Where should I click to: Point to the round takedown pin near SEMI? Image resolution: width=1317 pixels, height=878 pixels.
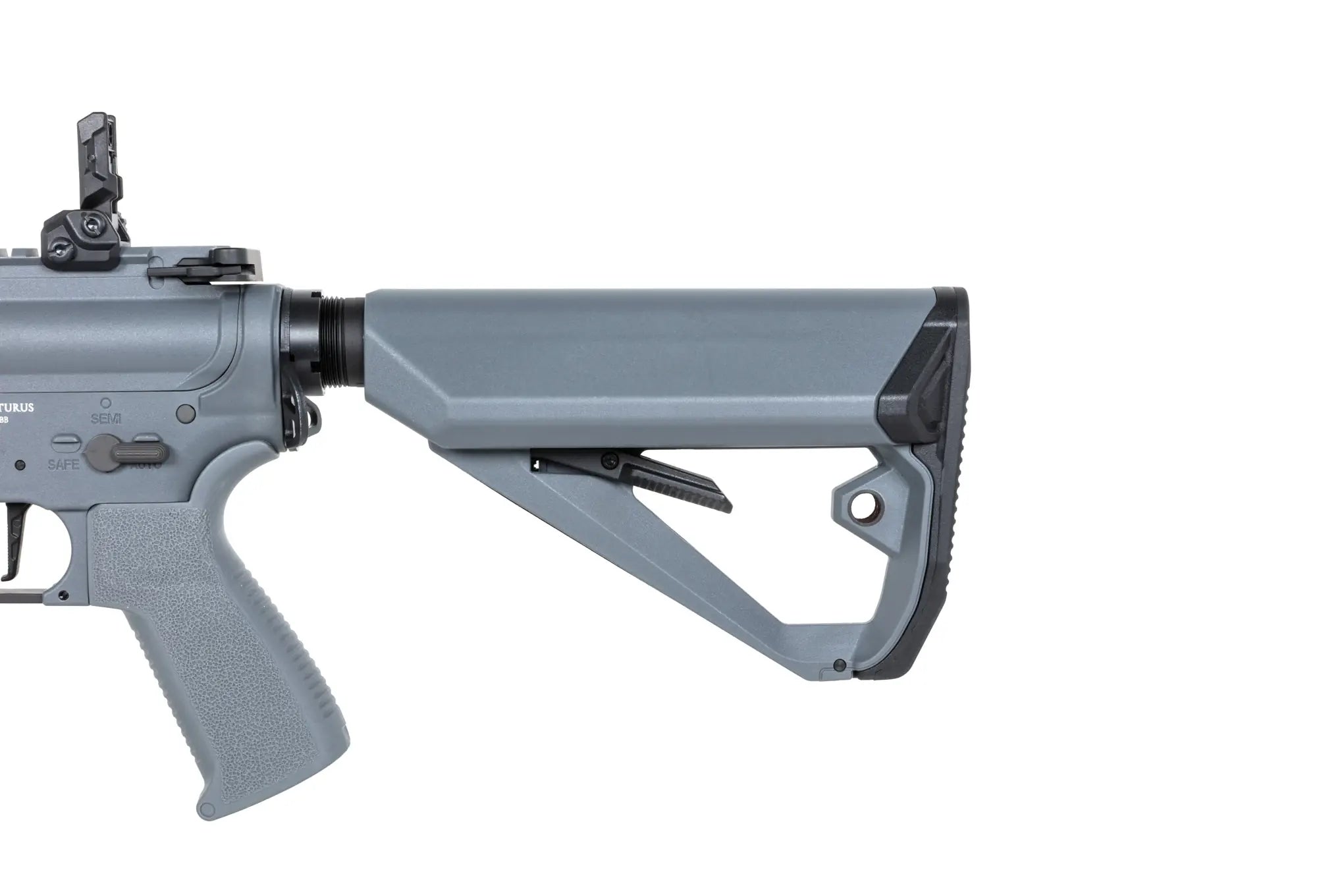(x=187, y=412)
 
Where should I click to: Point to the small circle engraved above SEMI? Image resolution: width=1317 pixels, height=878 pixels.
(x=105, y=400)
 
